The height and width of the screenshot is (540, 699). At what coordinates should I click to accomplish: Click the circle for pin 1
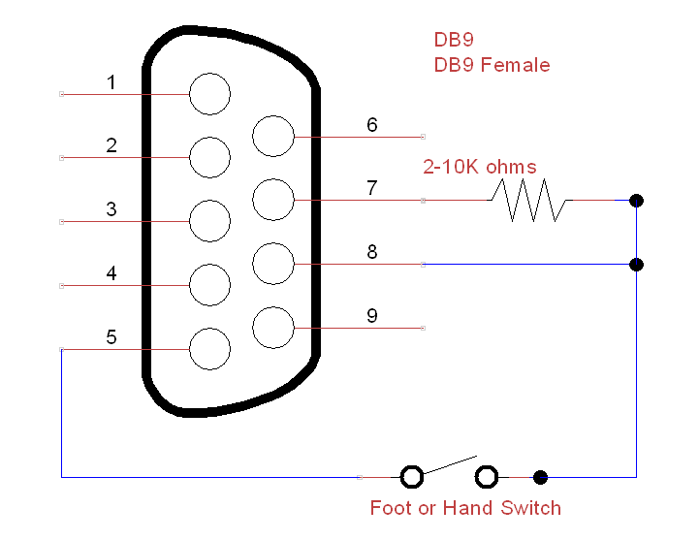click(x=209, y=94)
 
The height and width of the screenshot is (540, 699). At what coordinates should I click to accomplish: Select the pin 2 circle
click(x=209, y=157)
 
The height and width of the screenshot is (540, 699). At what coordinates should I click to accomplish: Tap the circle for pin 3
click(x=209, y=221)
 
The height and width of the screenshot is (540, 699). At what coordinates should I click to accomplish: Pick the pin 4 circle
click(x=209, y=285)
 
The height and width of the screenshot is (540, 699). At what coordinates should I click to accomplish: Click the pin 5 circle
click(x=209, y=348)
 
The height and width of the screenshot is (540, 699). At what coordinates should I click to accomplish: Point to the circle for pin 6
click(x=272, y=136)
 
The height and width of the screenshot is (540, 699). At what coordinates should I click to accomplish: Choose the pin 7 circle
click(x=272, y=200)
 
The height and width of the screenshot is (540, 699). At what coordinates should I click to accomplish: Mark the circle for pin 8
click(x=272, y=264)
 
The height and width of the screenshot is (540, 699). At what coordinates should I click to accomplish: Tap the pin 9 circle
click(x=272, y=328)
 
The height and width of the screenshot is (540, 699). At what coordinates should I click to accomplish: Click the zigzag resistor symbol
click(x=528, y=200)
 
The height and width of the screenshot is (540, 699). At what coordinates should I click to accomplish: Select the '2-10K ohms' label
click(x=479, y=167)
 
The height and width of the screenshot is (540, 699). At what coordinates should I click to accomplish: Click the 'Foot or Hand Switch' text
click(x=465, y=508)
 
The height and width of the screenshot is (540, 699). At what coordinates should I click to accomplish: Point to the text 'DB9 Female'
click(x=492, y=66)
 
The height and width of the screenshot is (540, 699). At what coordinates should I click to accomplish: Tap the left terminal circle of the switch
click(x=412, y=477)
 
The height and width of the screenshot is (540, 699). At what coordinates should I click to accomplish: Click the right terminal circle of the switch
click(x=487, y=477)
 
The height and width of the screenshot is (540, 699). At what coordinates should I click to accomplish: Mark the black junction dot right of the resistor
click(x=636, y=201)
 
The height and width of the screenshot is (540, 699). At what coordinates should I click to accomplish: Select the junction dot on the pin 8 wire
click(x=636, y=264)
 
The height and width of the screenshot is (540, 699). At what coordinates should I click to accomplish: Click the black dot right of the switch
click(x=541, y=477)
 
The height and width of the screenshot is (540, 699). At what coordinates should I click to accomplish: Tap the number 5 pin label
click(x=111, y=337)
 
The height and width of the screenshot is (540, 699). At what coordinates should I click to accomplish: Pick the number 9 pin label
click(x=371, y=316)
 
